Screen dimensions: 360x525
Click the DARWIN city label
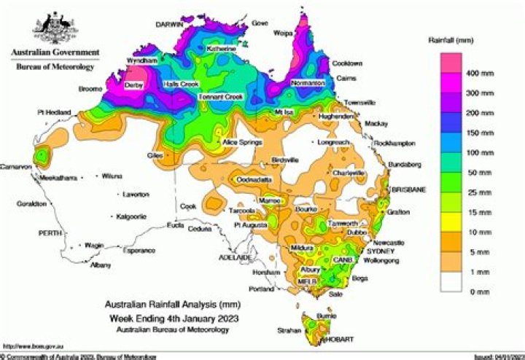point(168,24)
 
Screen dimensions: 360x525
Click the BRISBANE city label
point(409,189)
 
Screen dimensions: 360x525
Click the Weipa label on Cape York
point(283,33)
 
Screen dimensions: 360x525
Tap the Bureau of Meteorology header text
point(55,67)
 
